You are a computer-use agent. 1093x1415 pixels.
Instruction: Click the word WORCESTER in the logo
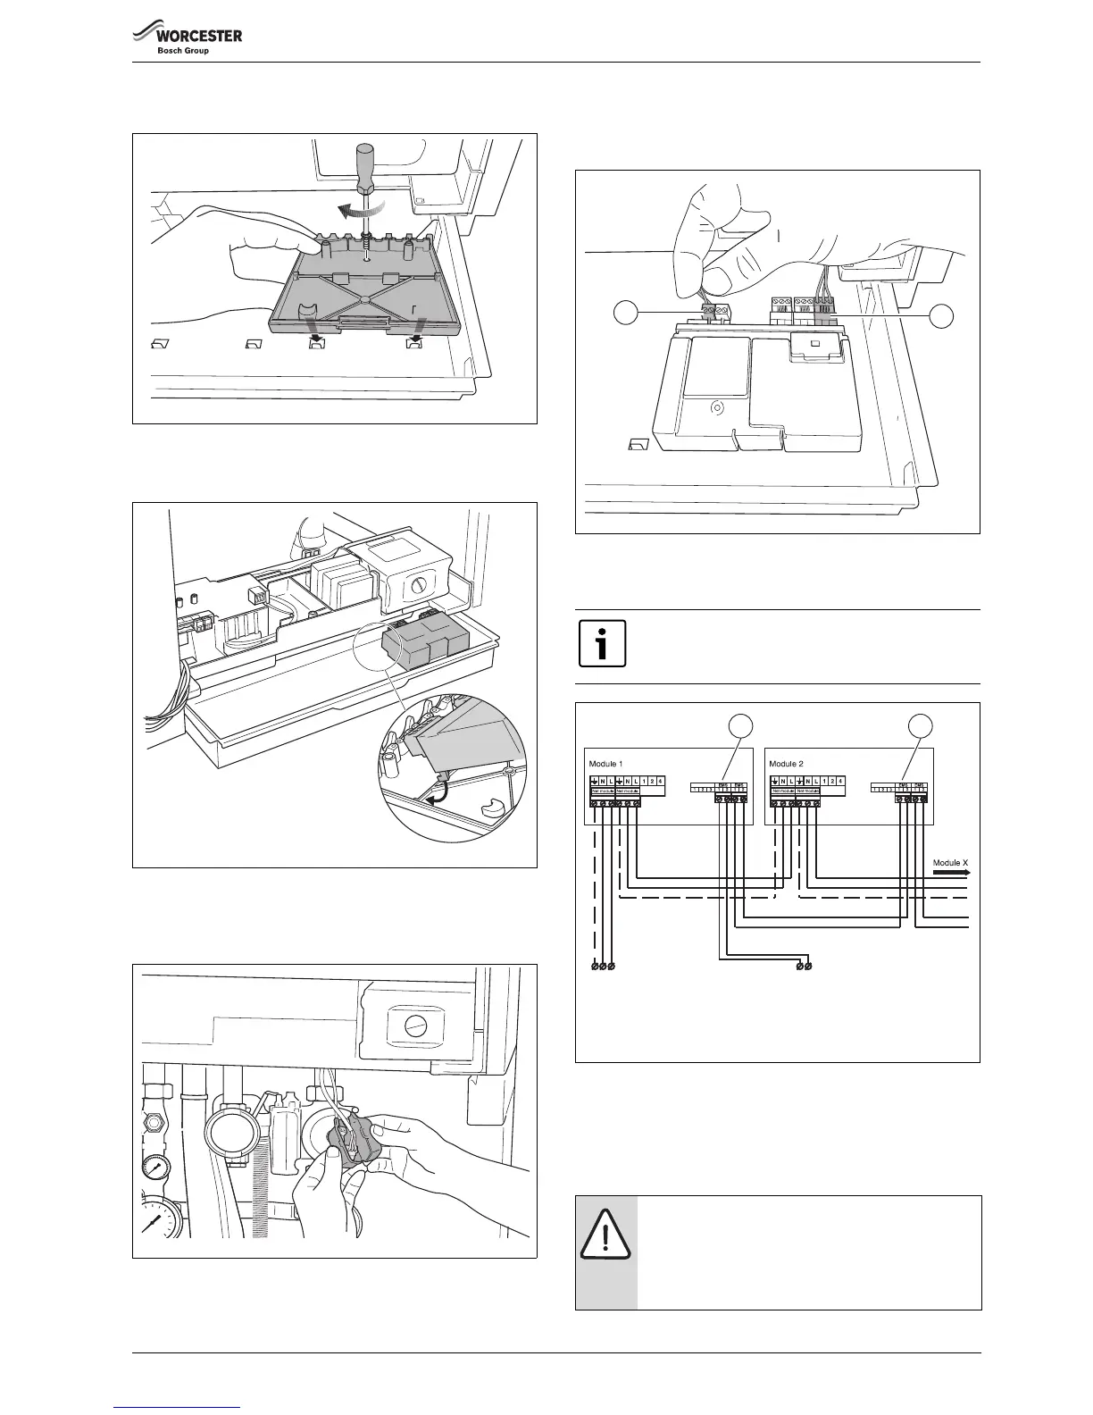click(x=199, y=36)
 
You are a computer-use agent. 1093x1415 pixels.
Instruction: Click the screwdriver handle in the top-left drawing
click(x=364, y=167)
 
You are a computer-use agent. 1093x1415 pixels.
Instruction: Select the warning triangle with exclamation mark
click(x=605, y=1234)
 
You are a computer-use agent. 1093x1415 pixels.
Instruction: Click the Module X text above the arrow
click(x=950, y=863)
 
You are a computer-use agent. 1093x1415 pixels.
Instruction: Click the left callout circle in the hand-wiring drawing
click(x=626, y=314)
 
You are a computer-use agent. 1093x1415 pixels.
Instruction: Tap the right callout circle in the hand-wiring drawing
click(x=941, y=314)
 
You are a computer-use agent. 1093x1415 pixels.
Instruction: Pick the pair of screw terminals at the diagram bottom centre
click(x=804, y=966)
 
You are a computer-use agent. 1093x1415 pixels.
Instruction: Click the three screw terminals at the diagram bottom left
click(x=603, y=966)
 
